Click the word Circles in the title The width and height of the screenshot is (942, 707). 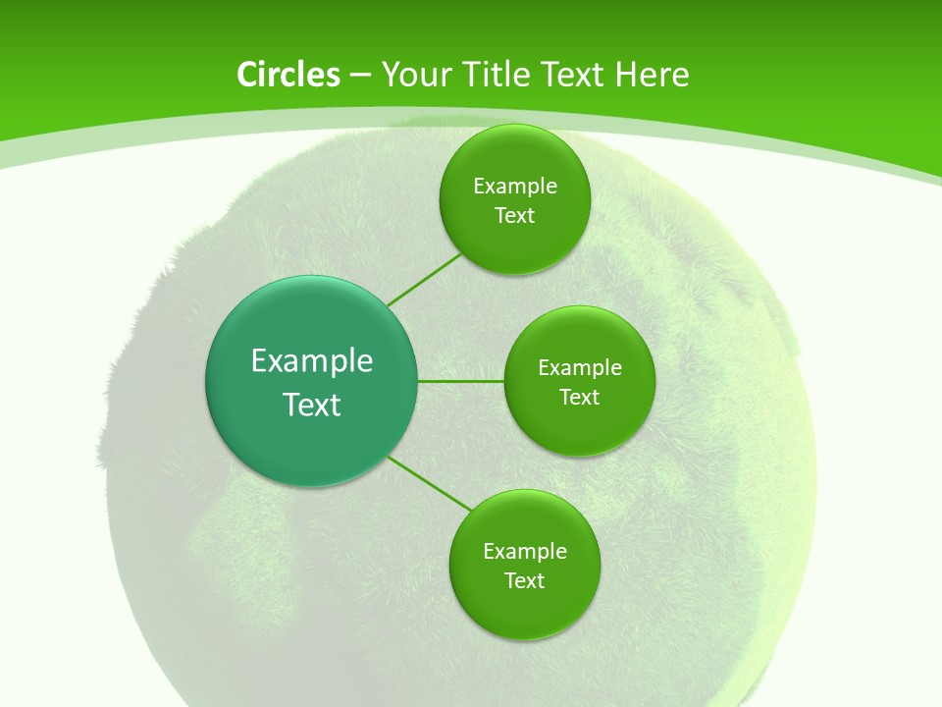click(x=288, y=75)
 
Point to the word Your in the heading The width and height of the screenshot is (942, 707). click(x=416, y=75)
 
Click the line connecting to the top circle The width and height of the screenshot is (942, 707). click(x=425, y=279)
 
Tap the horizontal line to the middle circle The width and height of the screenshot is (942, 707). click(x=461, y=381)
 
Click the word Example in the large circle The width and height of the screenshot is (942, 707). click(x=312, y=361)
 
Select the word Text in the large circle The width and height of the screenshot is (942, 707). click(x=312, y=405)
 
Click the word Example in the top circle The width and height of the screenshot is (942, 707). click(x=515, y=187)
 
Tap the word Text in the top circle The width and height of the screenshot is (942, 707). click(x=514, y=216)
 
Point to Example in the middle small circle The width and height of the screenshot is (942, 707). click(x=580, y=368)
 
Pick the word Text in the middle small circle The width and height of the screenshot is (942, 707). click(x=579, y=398)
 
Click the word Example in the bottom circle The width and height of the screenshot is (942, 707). click(x=525, y=552)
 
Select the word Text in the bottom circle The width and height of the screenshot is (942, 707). click(x=524, y=581)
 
